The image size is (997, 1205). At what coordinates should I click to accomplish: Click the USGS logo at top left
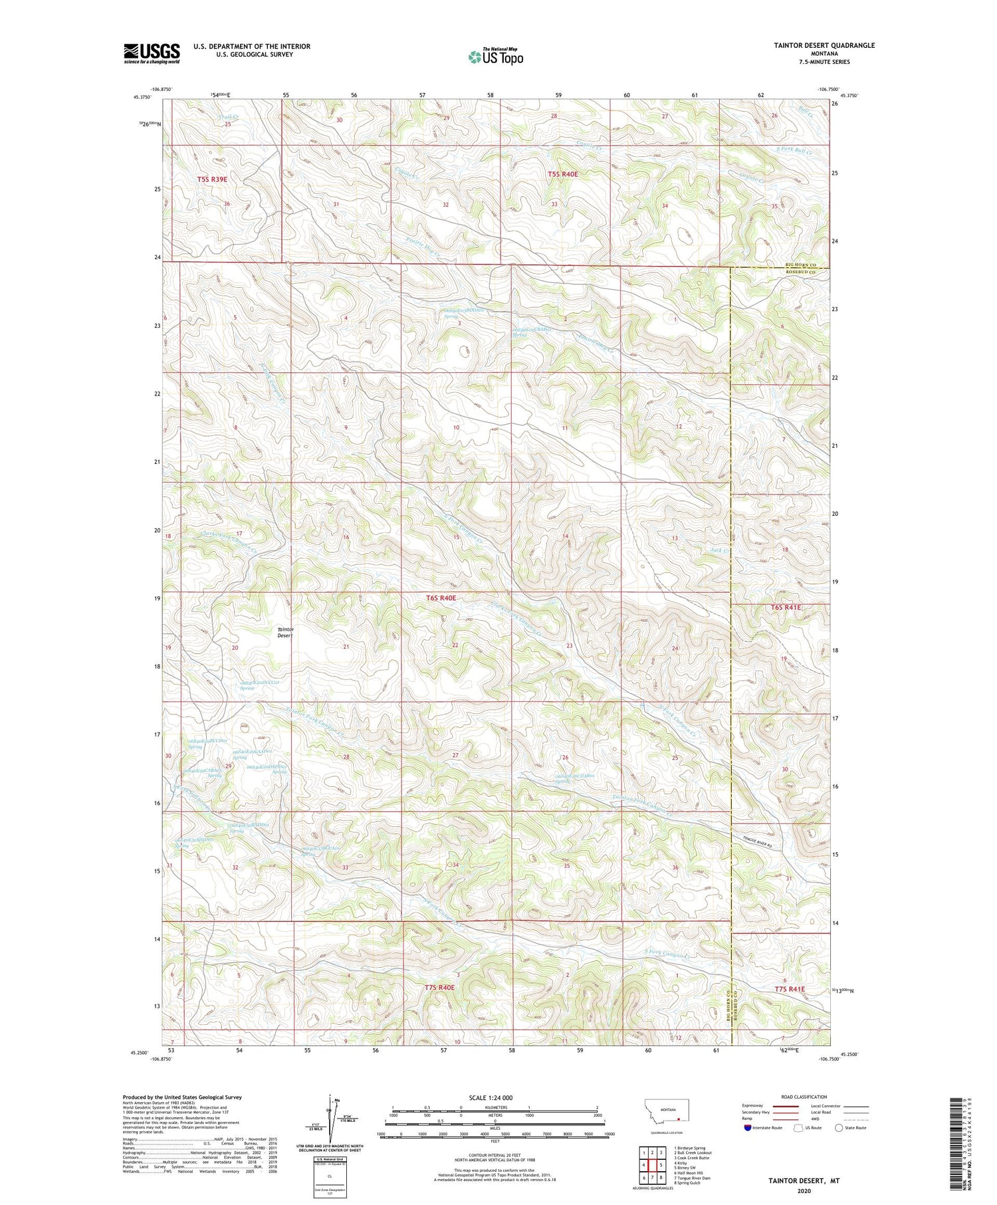(x=152, y=53)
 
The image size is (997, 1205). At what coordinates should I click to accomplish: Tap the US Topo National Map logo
(x=495, y=56)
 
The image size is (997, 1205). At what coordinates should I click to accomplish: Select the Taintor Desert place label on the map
(x=286, y=632)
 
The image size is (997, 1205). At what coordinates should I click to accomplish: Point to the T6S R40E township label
(x=441, y=598)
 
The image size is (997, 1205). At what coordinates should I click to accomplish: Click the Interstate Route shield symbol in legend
(x=748, y=1128)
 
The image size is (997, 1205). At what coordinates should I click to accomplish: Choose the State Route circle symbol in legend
(x=839, y=1127)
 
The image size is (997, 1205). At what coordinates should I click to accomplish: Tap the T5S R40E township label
(x=563, y=174)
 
